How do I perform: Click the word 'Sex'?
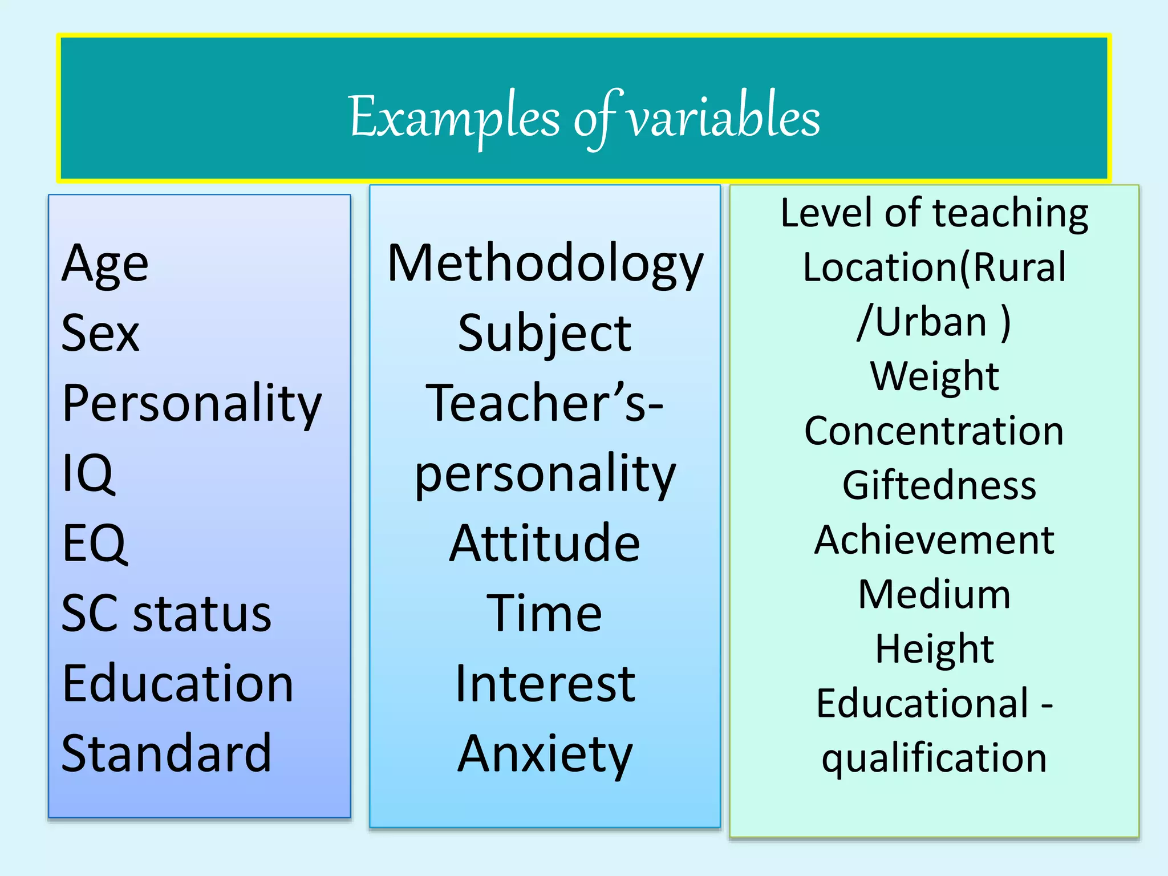(x=100, y=334)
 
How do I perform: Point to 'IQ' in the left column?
(x=88, y=473)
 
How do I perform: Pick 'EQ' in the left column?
(x=94, y=544)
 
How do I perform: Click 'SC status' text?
(x=166, y=614)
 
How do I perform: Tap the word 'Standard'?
(x=166, y=753)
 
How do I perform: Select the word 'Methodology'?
(x=545, y=264)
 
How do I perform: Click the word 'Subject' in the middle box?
(x=545, y=334)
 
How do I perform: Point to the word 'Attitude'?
(x=545, y=544)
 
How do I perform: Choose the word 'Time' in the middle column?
(x=545, y=614)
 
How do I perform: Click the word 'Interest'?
(x=545, y=684)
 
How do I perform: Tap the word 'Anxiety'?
(x=545, y=755)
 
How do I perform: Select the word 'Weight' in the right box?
(x=934, y=377)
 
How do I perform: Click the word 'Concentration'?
(x=934, y=431)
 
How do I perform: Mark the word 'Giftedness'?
(x=939, y=486)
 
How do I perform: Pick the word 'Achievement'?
(x=934, y=540)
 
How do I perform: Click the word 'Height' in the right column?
(x=934, y=650)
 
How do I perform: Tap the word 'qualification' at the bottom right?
(x=934, y=759)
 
